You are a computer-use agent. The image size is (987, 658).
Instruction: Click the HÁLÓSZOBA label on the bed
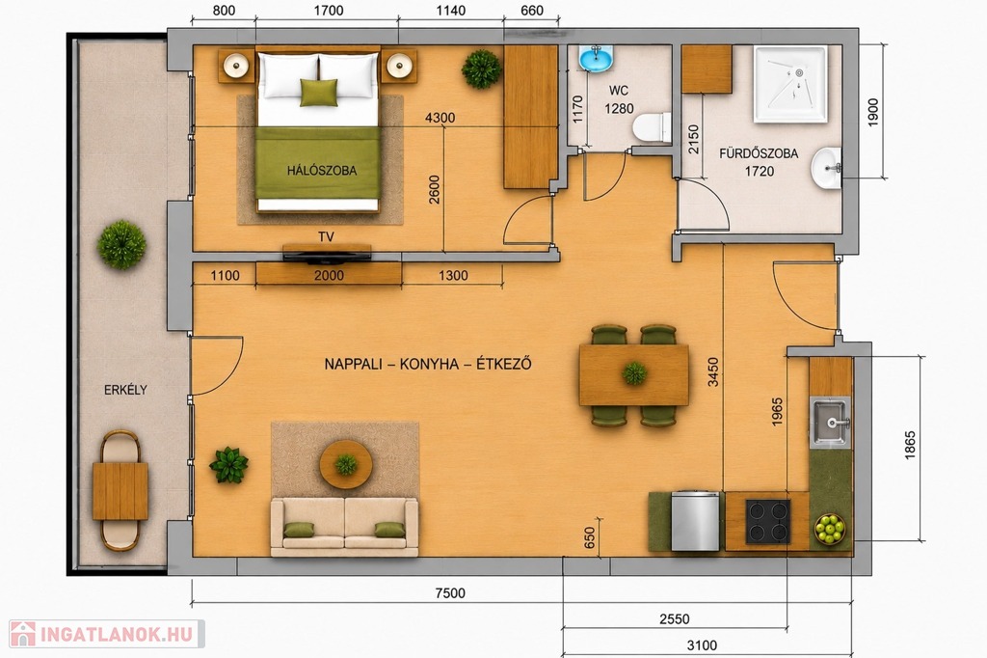click(322, 170)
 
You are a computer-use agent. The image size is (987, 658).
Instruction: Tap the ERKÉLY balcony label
click(125, 390)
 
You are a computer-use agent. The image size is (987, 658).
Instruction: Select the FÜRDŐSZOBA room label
click(759, 153)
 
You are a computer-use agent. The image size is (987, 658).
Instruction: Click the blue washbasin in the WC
click(596, 59)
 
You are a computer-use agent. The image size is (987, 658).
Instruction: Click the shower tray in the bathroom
click(790, 84)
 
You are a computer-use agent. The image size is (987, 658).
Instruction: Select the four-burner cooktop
click(767, 521)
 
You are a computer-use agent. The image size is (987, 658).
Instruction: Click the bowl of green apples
click(830, 529)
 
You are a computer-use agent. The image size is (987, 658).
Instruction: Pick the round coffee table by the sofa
click(346, 464)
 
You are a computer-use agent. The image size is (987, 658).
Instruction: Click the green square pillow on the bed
click(318, 93)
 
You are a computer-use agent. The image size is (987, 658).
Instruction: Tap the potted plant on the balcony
click(121, 244)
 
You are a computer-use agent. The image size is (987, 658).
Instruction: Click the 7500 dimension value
click(450, 593)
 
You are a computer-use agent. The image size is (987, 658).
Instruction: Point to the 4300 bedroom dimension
click(440, 118)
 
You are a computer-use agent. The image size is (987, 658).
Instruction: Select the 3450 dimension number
click(712, 371)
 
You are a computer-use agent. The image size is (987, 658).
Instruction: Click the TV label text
click(326, 237)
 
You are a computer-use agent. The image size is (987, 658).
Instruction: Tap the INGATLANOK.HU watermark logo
click(107, 634)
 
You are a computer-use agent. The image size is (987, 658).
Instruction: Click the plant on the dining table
click(634, 373)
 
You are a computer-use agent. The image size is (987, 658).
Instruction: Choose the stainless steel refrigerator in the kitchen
click(695, 521)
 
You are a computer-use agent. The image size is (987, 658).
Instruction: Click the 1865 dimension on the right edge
click(910, 445)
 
